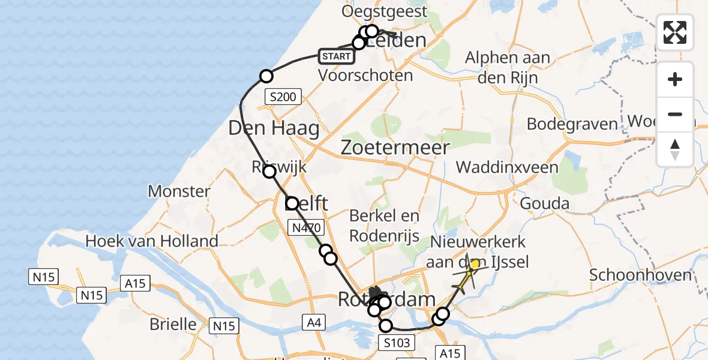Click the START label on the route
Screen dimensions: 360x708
[336, 56]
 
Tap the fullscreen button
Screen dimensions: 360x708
[675, 32]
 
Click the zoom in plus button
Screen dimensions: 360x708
[675, 79]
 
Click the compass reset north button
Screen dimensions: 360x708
[675, 149]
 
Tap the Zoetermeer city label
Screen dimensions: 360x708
[395, 147]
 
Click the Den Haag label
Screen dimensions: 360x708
[274, 128]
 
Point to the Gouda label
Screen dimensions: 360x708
[544, 203]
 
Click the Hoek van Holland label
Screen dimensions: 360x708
[152, 241]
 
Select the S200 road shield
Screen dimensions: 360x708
[284, 96]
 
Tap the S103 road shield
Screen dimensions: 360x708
[396, 343]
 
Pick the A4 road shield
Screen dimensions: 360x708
[314, 323]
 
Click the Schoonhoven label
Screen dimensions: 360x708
[640, 275]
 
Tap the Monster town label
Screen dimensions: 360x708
[179, 191]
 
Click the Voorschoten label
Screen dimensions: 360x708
[365, 76]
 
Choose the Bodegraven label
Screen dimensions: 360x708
[572, 124]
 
